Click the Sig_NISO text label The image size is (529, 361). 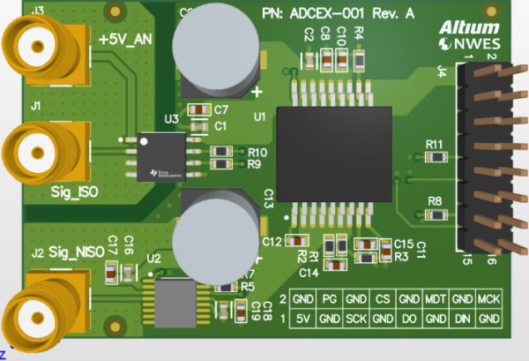tap(76, 252)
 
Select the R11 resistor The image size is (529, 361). tap(435, 156)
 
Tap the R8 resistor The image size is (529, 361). tap(435, 213)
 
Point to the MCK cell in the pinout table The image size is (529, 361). tap(489, 299)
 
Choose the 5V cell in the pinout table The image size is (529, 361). tap(302, 317)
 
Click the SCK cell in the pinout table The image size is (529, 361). tap(355, 317)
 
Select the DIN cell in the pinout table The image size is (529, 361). tap(462, 317)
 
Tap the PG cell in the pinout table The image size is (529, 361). tap(329, 299)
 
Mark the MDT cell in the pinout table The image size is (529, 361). tap(436, 299)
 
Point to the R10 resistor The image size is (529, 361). tap(222, 152)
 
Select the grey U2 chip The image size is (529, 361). tap(176, 299)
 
